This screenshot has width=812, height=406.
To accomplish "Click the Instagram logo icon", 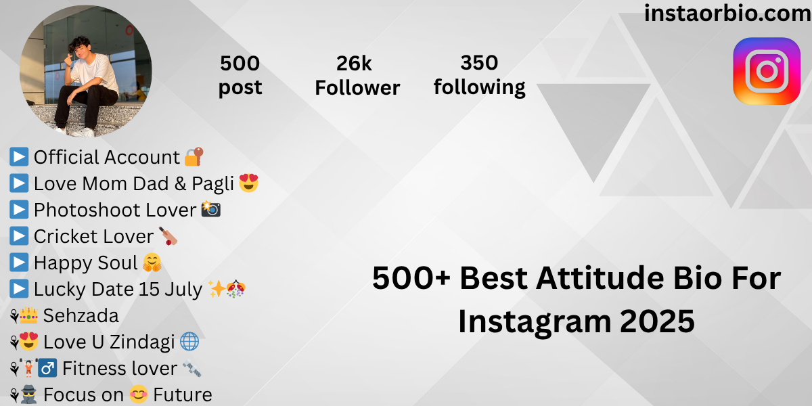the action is coord(766,71).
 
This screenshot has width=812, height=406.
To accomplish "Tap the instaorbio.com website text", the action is coord(727,14).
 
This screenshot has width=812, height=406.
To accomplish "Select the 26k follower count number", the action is coord(354,64).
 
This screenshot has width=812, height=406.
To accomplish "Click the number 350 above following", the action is coord(479,63).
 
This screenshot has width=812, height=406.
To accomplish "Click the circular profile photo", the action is coord(85,71).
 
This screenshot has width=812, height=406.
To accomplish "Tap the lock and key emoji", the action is coord(194,157).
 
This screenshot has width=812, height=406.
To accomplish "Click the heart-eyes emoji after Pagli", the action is coord(249,183).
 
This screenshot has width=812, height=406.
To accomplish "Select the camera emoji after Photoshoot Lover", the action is coord(211,209).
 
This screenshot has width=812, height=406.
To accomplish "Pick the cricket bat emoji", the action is coord(168,236).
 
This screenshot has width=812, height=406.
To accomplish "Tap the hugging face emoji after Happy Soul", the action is coord(152,263).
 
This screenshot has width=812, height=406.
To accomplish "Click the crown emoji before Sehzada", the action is coord(28,315).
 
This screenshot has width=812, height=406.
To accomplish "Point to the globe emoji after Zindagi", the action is coord(189,342).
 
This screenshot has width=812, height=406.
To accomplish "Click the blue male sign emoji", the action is coord(47,368).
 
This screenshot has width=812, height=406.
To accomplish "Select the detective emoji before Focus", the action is coord(28,394).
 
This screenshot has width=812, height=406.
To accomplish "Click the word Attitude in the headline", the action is coord(601,278).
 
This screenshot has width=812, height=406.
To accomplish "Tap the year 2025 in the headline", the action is coord(657,321).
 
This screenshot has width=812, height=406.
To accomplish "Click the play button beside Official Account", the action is coord(19,157).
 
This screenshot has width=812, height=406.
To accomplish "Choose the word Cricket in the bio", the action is coord(64,236).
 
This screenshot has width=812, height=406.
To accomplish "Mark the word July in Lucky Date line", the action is coord(183,290).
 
